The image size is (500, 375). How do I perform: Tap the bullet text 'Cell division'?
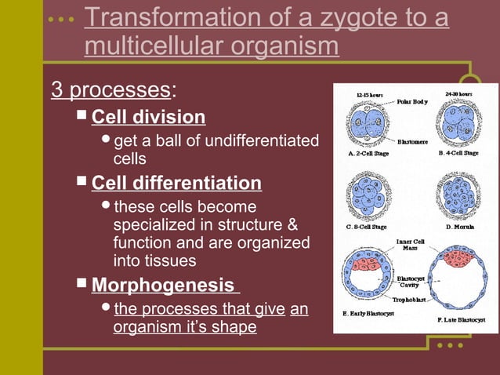pos(148,118)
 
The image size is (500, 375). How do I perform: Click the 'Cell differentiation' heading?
pos(176,184)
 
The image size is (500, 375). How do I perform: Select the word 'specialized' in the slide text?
pos(154,225)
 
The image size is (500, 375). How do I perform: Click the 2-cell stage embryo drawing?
pos(370,124)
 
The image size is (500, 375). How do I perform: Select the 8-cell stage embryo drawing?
pos(369,196)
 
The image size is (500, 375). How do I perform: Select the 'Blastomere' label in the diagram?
pos(412,142)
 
